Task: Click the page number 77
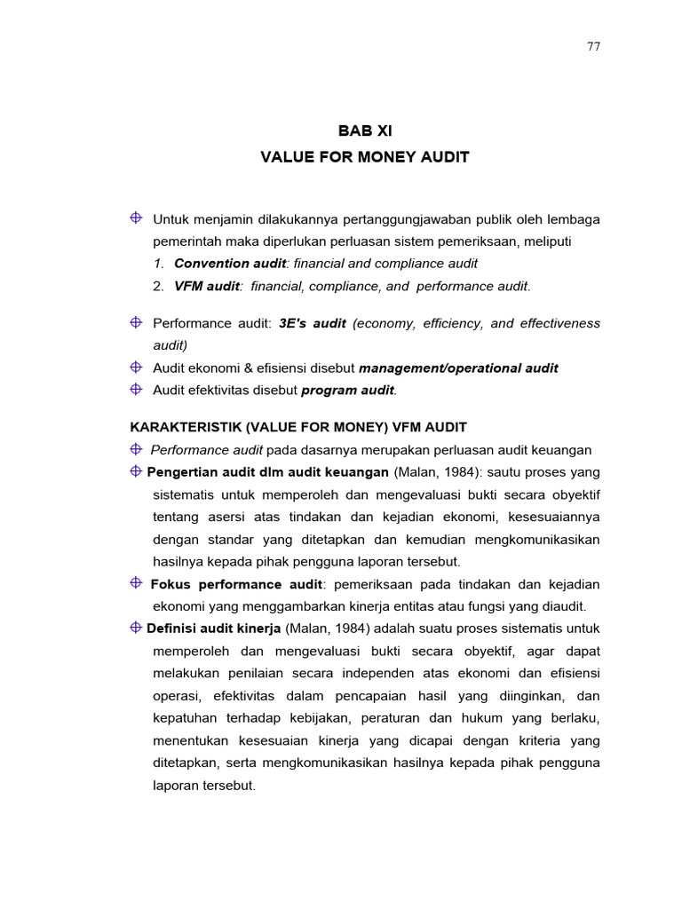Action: click(593, 47)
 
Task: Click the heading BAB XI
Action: click(364, 130)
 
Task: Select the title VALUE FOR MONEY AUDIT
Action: click(364, 158)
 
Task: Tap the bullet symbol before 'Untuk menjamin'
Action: click(136, 217)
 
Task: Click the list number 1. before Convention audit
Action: click(158, 264)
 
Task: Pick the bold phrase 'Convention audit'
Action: click(229, 264)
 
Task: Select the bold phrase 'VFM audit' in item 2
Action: click(207, 286)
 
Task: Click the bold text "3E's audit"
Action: click(312, 324)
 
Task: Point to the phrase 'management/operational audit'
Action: click(458, 368)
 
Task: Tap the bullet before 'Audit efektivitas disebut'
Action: click(136, 389)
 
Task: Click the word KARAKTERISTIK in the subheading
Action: click(182, 428)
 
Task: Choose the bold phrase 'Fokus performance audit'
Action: click(236, 584)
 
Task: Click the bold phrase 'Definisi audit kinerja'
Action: click(214, 628)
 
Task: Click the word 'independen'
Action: click(361, 673)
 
